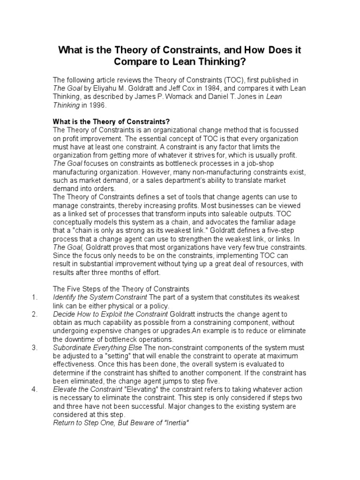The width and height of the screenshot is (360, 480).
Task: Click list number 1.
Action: (34, 297)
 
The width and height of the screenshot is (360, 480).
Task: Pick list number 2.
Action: (34, 314)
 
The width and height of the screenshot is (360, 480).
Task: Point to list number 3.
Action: (34, 347)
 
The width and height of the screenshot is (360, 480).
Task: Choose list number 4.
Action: (34, 389)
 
